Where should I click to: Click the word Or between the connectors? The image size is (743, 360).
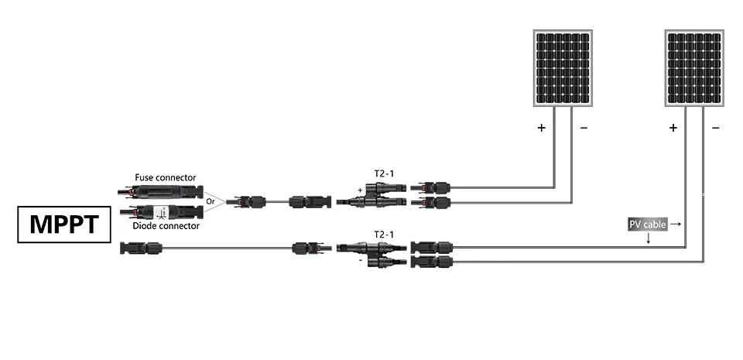(x=210, y=201)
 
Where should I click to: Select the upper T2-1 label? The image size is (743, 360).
(x=384, y=174)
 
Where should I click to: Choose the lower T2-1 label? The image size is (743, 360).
(x=384, y=233)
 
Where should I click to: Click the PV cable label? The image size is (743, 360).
(x=647, y=225)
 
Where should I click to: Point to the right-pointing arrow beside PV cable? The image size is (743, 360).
(x=675, y=224)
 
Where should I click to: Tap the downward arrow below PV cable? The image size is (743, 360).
(x=648, y=239)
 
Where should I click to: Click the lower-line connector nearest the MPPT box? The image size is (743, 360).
(x=141, y=249)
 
